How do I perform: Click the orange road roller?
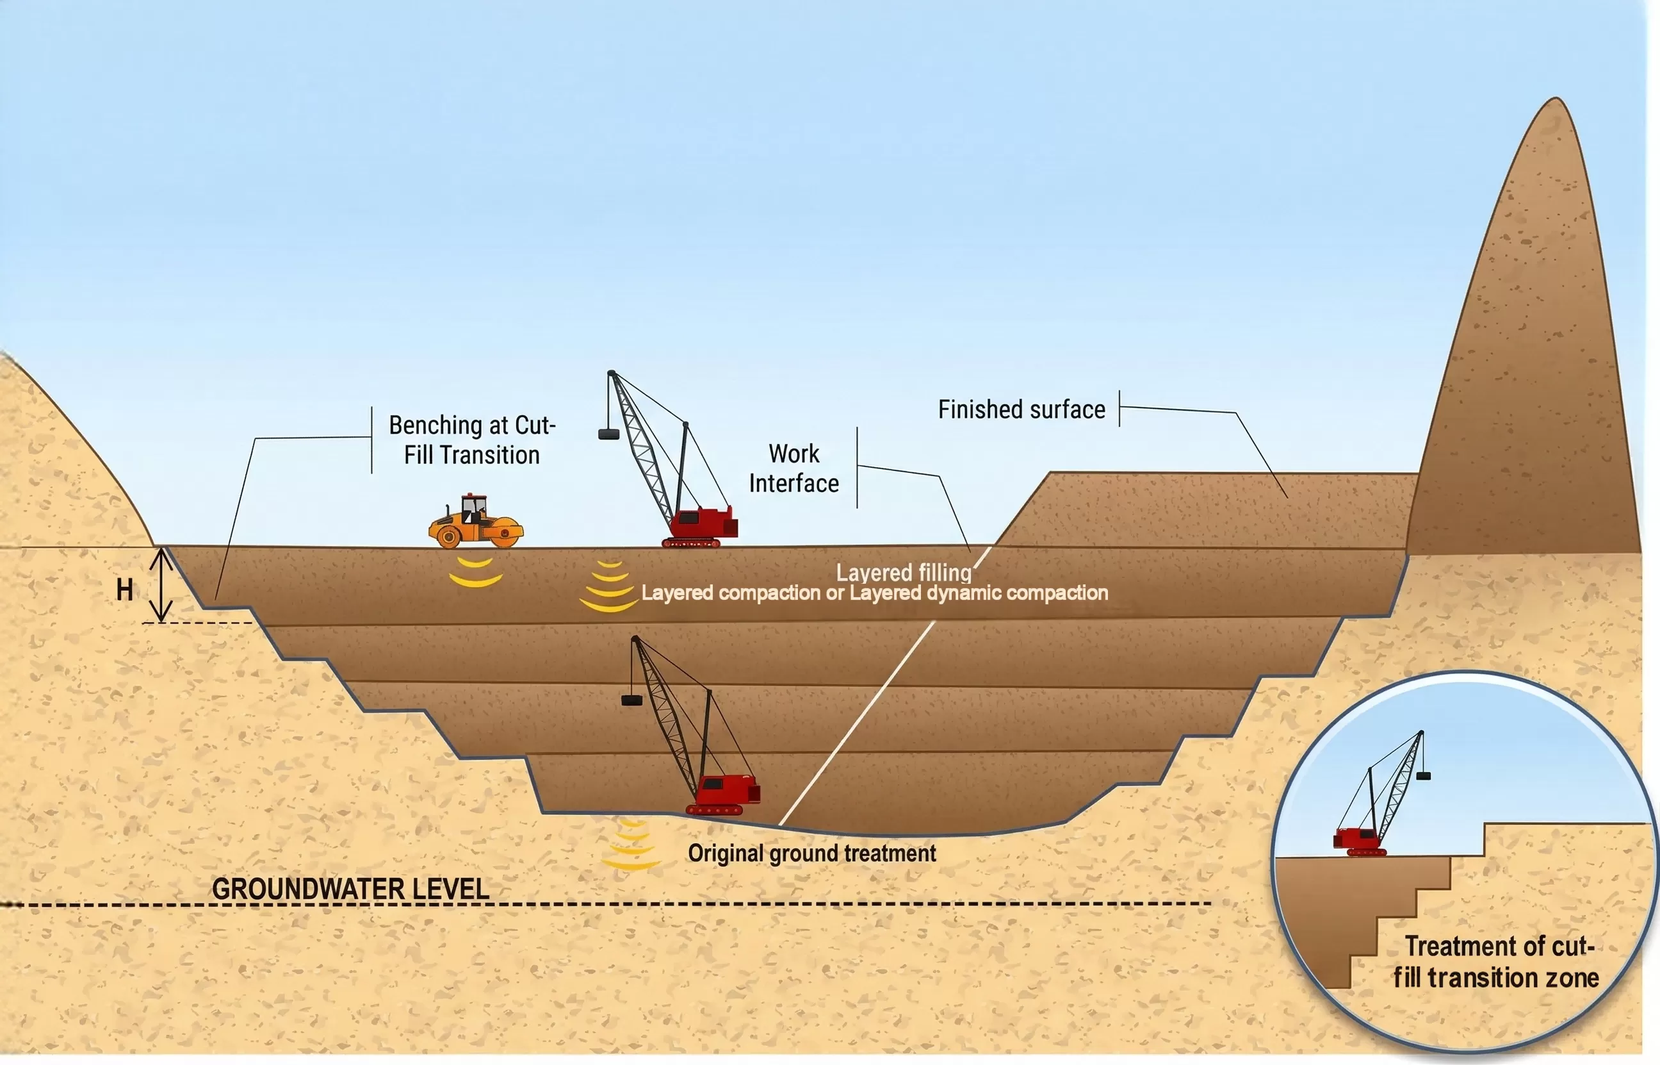point(475,522)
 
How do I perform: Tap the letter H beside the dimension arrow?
point(124,590)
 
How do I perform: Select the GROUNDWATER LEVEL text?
point(350,889)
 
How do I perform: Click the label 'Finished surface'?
point(1021,409)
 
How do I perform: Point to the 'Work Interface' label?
point(794,468)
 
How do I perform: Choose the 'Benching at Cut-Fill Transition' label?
point(472,440)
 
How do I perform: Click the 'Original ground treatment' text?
point(812,854)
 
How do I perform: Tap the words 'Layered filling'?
point(904,573)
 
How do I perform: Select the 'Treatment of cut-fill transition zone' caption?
point(1496,962)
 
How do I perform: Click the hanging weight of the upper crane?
point(608,434)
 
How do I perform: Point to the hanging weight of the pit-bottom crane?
point(631,700)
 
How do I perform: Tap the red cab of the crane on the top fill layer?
point(703,524)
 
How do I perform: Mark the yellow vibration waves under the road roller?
point(475,573)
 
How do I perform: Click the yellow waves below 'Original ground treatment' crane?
point(631,845)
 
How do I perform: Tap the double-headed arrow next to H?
point(162,584)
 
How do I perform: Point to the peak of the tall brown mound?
point(1556,99)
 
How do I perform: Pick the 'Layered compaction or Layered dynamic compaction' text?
point(875,593)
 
